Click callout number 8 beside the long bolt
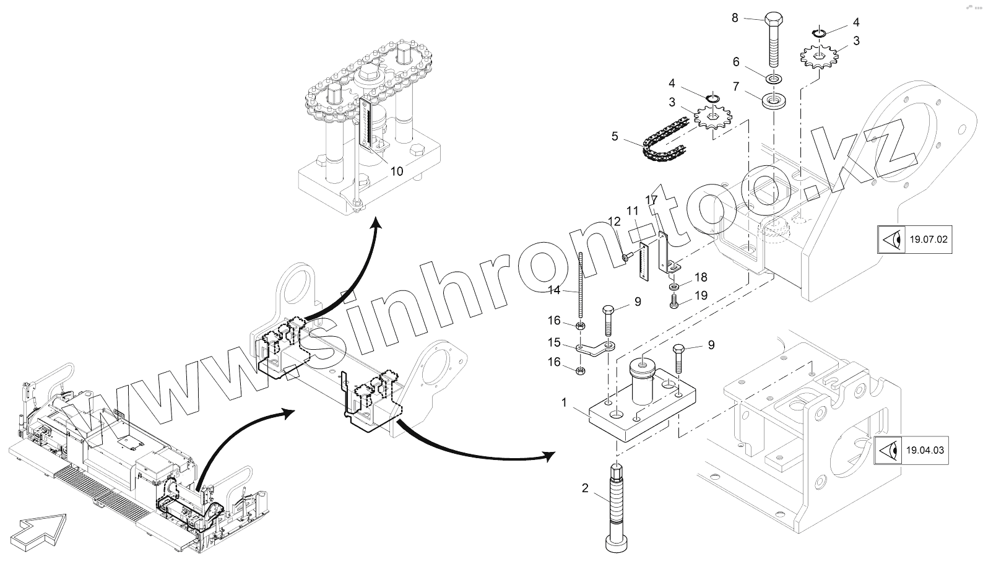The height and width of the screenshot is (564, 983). pos(735,18)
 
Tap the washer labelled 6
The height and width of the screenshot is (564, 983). pos(774,79)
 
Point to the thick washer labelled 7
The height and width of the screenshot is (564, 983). pos(773,100)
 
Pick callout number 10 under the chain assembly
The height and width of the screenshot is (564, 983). pos(396,171)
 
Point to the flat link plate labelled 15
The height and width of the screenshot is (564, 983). pos(593,350)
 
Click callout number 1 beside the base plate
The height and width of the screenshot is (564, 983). pos(564,402)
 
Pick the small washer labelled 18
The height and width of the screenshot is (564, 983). pos(674,287)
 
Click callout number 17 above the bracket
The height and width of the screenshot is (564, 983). pos(651,201)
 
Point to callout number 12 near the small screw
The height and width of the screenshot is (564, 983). pos(614,222)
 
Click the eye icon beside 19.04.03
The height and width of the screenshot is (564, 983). pos(890,449)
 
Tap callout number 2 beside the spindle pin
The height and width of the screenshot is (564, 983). pos(585,488)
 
